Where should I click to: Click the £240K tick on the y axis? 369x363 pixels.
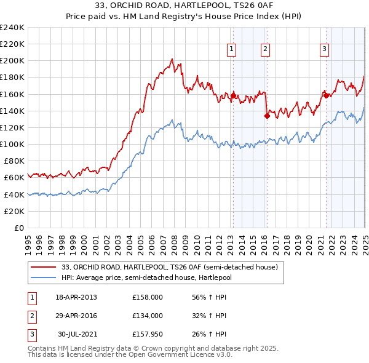[x=12, y=28]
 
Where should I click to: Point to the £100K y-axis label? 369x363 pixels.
[x=12, y=144]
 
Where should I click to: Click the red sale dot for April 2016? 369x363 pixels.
[x=267, y=115]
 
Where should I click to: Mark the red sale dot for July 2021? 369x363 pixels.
[x=326, y=95]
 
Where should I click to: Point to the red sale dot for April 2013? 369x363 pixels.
[x=233, y=95]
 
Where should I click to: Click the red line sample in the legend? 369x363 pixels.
[x=44, y=267]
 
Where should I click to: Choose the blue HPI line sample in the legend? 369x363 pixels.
[x=44, y=277]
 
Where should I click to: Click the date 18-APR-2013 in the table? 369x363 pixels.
[x=76, y=298]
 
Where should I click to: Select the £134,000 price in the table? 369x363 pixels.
[x=147, y=316]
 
